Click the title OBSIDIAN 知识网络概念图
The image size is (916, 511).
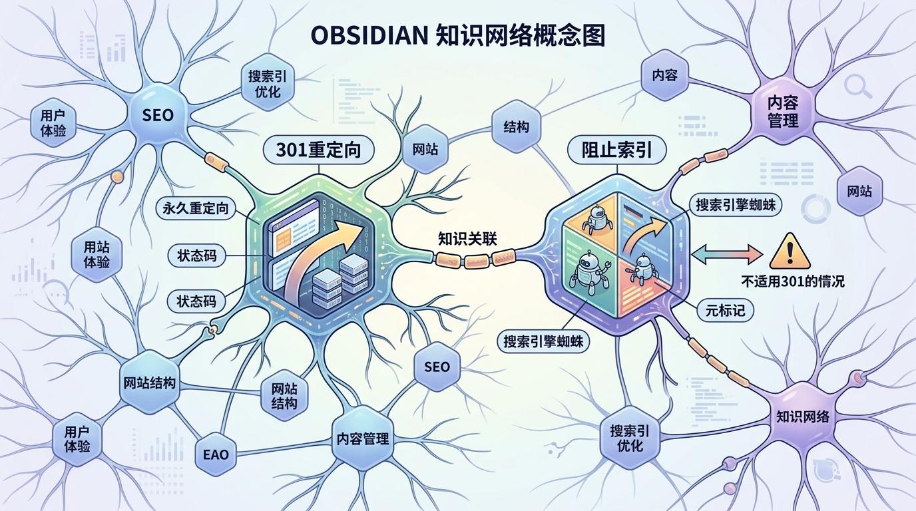pyautogui.click(x=457, y=36)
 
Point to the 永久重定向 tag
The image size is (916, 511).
pyautogui.click(x=195, y=209)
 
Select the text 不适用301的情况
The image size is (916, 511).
pyautogui.click(x=793, y=281)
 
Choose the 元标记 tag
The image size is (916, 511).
pyautogui.click(x=725, y=309)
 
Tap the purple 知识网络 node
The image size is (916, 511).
pyautogui.click(x=803, y=417)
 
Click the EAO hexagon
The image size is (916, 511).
pyautogui.click(x=215, y=455)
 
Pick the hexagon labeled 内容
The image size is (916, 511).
pyautogui.click(x=664, y=75)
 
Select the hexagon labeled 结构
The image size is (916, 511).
pyautogui.click(x=517, y=126)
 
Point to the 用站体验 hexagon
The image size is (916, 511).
pyautogui.click(x=97, y=254)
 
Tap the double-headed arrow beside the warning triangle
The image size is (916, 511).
pyautogui.click(x=726, y=254)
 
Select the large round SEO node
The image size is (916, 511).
pyautogui.click(x=158, y=115)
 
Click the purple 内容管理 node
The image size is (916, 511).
pyautogui.click(x=783, y=111)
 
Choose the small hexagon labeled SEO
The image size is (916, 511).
pyautogui.click(x=437, y=367)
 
